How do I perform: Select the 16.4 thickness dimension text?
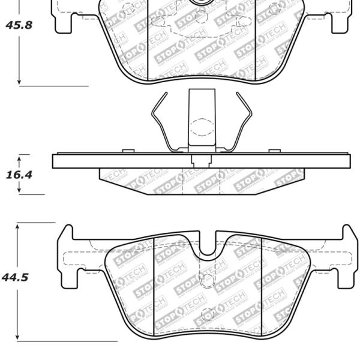pos(18,175)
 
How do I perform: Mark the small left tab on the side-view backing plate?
pos(127,151)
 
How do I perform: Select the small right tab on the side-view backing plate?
pos(274,151)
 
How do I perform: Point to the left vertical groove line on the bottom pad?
pos(154,285)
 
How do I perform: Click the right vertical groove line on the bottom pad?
pos(262,285)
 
